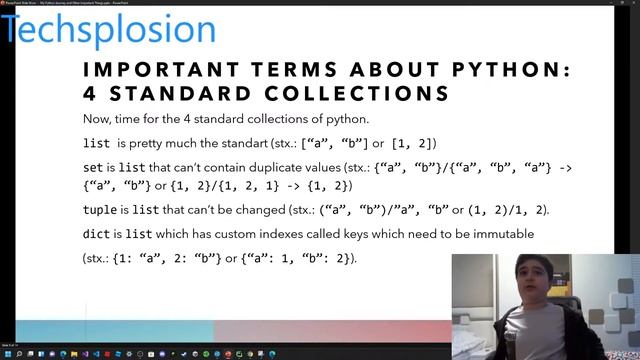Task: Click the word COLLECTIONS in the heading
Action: (x=351, y=94)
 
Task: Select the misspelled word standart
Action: (x=262, y=144)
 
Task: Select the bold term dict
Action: (x=97, y=234)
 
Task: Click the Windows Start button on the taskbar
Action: (x=6, y=354)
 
